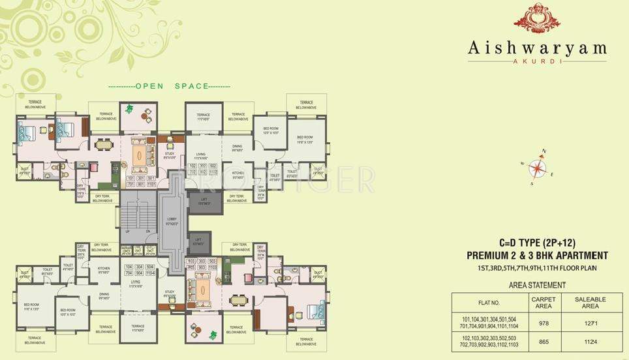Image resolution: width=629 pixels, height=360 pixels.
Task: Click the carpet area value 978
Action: point(543,322)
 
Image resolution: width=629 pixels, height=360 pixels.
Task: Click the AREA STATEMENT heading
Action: point(536,285)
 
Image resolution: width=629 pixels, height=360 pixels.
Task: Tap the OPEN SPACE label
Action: point(168,86)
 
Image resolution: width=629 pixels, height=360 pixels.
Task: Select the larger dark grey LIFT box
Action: point(205,203)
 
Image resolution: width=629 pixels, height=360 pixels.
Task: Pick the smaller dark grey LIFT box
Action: point(199,242)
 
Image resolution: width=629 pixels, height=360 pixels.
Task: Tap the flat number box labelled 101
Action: point(130,178)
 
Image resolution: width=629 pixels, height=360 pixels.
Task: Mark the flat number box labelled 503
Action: point(213,261)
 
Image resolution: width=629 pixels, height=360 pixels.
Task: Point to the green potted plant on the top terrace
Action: point(129,108)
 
